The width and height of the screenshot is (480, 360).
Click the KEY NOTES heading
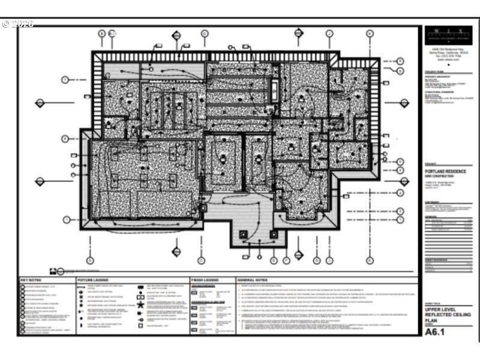(x=31, y=280)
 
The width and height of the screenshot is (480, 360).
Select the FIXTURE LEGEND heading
(x=93, y=280)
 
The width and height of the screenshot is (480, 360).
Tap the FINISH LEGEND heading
(x=203, y=280)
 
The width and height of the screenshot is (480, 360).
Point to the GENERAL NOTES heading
(x=252, y=280)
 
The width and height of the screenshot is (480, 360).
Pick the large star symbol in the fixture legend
(x=141, y=305)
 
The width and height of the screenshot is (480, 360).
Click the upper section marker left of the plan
(x=40, y=103)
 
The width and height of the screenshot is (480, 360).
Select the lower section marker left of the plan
(x=40, y=181)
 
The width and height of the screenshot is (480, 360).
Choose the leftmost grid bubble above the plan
(x=102, y=34)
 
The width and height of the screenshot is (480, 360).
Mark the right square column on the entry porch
(x=274, y=234)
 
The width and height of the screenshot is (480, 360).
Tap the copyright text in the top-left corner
(x=18, y=24)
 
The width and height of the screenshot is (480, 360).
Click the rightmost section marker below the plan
(x=370, y=260)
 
